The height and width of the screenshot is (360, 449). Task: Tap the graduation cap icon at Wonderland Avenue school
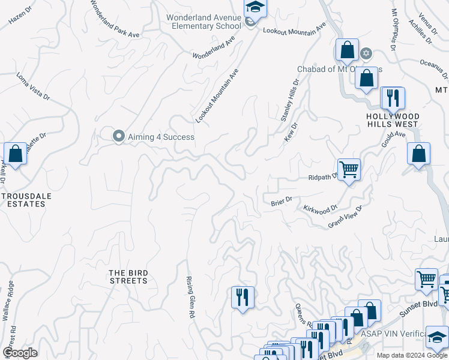pos(255,8)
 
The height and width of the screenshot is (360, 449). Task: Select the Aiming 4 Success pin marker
pos(119,136)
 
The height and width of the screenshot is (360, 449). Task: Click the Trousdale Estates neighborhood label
pos(23,200)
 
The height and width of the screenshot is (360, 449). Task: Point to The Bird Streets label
pos(128,277)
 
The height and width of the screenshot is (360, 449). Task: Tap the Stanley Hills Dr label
pos(290,101)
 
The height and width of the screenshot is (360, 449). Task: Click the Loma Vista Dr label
pos(33,86)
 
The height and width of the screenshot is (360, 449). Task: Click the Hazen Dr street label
pos(23,16)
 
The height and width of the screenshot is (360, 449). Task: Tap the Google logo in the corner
pos(20,352)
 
